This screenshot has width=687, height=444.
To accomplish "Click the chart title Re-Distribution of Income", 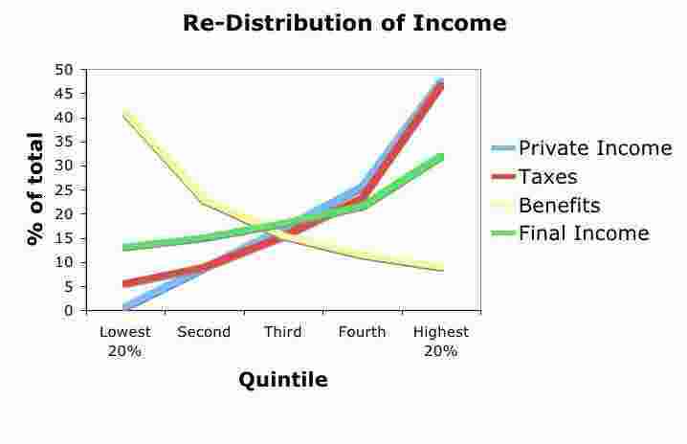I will pos(343,23).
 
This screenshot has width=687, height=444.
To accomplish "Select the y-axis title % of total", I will pos(35,189).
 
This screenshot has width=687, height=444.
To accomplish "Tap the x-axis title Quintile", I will pos(282,380).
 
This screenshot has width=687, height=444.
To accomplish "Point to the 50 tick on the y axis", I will pos(65,70).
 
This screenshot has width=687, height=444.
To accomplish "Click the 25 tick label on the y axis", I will pos(65,190).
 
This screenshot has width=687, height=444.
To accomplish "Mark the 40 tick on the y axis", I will pos(65,118).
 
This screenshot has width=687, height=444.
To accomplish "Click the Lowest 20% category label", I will pos(124,341).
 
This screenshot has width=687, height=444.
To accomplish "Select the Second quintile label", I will pos(204,332).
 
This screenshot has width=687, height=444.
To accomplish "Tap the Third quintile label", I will pos(283,332).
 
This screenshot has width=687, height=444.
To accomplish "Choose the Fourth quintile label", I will pos(362,332).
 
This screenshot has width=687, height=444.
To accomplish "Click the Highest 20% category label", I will pos(441,341).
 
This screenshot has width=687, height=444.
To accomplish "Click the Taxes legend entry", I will pos(560,177).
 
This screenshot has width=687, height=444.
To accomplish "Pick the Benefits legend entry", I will pos(570,205).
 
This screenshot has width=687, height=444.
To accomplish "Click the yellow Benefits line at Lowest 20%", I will pos(125,114).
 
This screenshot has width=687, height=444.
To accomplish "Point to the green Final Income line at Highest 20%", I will pos(441,156).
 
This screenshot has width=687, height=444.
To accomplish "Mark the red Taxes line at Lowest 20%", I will pos(125,283).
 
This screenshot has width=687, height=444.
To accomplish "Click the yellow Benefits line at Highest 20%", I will pos(441,268).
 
